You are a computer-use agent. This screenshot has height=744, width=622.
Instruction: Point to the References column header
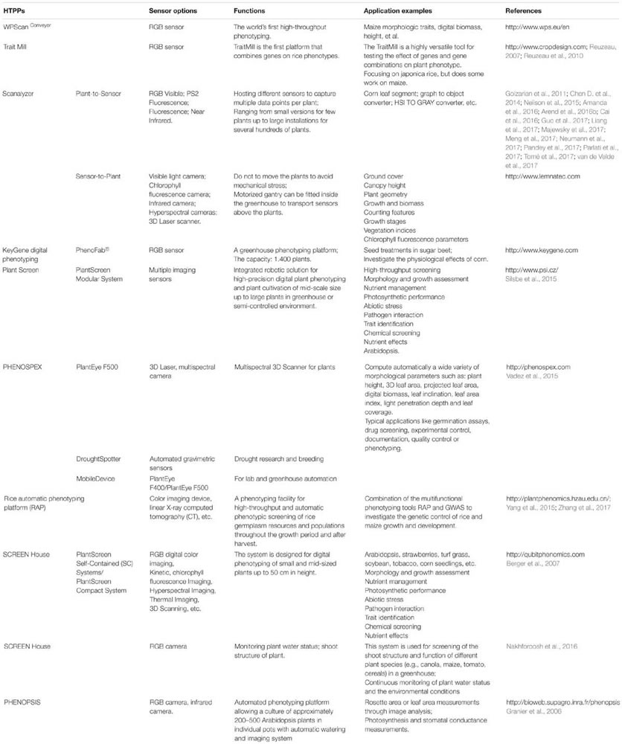click(x=524, y=12)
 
